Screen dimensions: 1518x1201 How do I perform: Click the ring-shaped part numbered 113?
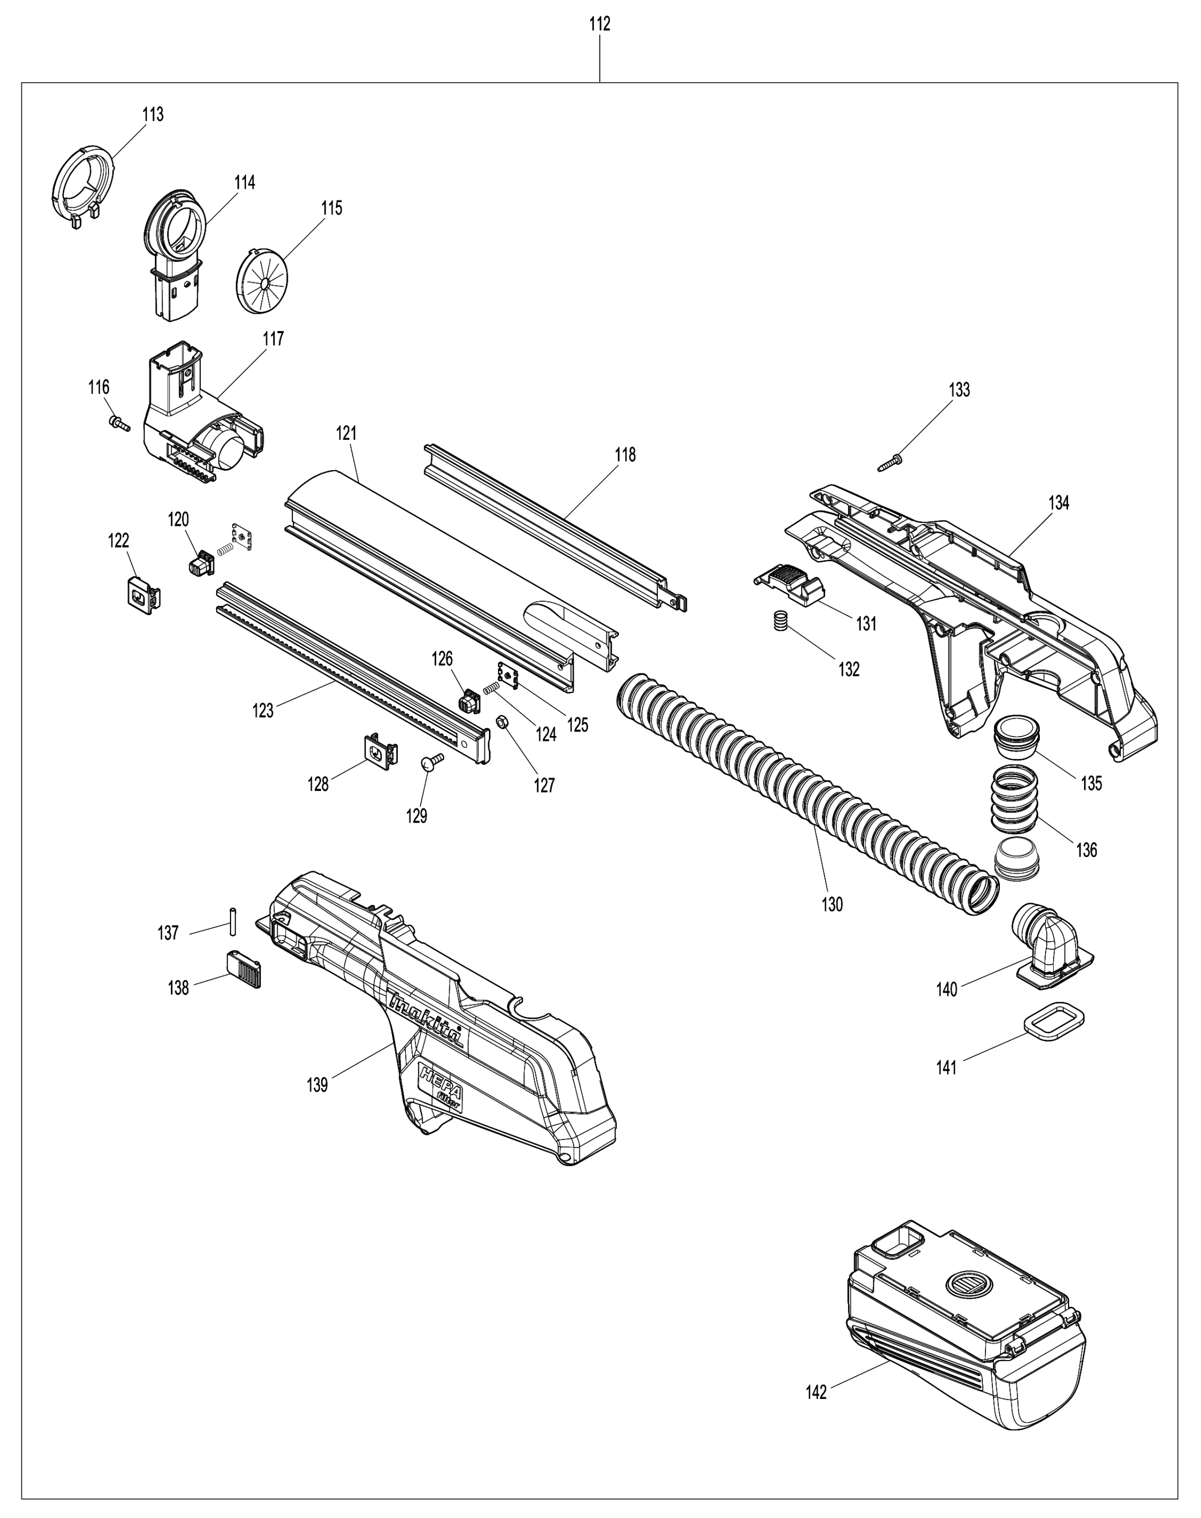coord(83,182)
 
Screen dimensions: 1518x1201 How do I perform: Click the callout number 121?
coord(346,434)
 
